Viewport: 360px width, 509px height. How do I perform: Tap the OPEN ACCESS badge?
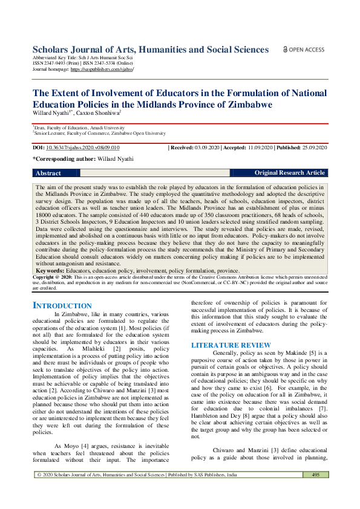[303, 50]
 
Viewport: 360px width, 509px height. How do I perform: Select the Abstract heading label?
[48, 173]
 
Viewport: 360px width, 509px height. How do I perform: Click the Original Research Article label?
[289, 173]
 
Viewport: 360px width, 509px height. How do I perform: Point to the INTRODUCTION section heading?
[62, 306]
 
